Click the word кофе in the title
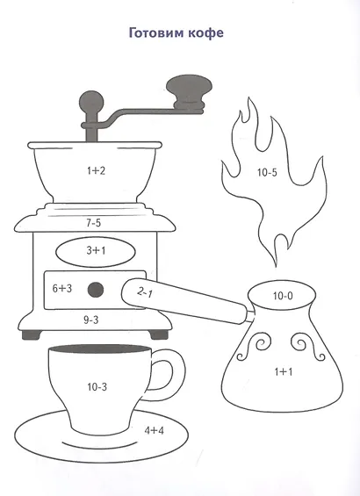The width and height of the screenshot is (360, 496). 206,32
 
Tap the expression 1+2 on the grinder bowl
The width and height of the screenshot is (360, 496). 96,171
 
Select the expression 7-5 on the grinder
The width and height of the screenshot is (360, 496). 94,223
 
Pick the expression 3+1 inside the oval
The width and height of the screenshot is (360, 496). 96,250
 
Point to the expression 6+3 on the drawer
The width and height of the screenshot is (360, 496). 62,288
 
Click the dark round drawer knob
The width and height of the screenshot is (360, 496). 96,290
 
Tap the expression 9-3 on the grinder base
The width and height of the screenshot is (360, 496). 91,320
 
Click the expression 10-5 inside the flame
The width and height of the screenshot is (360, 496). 267,172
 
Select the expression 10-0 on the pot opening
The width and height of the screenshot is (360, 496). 283,296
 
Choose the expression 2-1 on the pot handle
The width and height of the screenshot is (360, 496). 145,292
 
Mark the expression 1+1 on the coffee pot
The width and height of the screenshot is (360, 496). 284,371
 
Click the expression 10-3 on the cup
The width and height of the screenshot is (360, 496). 97,386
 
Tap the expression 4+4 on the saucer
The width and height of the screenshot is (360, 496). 154,430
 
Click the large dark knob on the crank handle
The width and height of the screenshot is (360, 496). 189,92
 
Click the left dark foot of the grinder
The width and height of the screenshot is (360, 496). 32,334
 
